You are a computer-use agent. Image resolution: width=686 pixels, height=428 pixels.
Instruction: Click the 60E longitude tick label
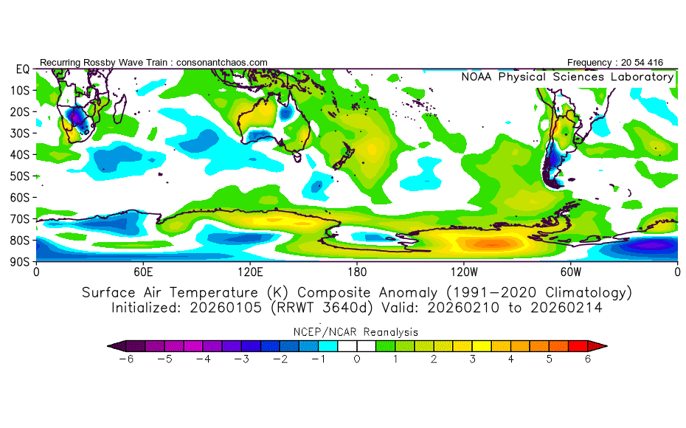pyautogui.click(x=143, y=271)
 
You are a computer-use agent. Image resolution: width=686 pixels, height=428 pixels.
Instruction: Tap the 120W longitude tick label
pyautogui.click(x=464, y=271)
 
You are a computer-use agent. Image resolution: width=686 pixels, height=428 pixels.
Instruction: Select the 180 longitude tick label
pyautogui.click(x=357, y=271)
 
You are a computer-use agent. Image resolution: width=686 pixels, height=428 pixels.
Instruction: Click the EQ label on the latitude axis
pyautogui.click(x=23, y=69)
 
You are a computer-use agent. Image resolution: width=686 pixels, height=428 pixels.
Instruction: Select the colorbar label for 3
pyautogui.click(x=472, y=359)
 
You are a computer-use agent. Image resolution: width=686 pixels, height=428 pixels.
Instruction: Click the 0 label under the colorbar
pyautogui.click(x=357, y=359)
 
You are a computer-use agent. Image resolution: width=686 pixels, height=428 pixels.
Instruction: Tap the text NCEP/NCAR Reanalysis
pyautogui.click(x=357, y=331)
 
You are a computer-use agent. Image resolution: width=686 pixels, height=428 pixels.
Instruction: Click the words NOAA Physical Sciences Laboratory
pyautogui.click(x=567, y=77)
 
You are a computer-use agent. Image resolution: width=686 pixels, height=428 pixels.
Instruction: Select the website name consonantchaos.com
pyautogui.click(x=222, y=62)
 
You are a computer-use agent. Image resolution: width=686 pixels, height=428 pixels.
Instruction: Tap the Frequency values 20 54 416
pyautogui.click(x=642, y=62)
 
